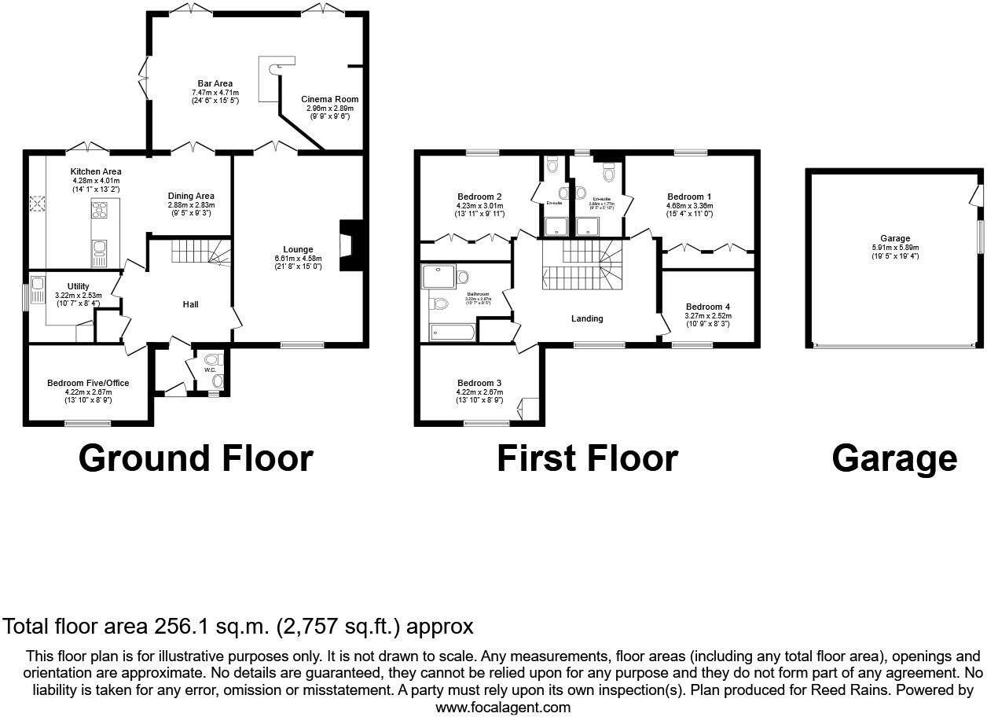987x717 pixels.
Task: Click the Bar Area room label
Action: coord(215,83)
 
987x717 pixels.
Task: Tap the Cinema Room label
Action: coord(330,99)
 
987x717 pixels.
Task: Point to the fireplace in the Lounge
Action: coord(347,246)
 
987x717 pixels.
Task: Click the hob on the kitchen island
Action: coord(100,209)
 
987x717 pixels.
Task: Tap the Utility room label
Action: coord(78,286)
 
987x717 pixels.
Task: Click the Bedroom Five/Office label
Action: coord(88,383)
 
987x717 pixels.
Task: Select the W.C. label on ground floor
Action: coord(210,370)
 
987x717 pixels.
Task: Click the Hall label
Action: coord(192,304)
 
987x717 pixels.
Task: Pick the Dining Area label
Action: coord(191,196)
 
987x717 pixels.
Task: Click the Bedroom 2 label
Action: coord(479,197)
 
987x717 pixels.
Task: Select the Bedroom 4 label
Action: coord(707,307)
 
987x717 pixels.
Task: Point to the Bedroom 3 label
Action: coord(479,383)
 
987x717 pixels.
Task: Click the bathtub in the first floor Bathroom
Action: coord(453,333)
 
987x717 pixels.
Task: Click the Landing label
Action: coord(587,318)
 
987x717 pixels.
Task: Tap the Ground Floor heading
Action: coord(196,458)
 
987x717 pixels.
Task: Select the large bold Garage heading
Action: coord(894,458)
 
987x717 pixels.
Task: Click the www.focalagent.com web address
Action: coord(503,707)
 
